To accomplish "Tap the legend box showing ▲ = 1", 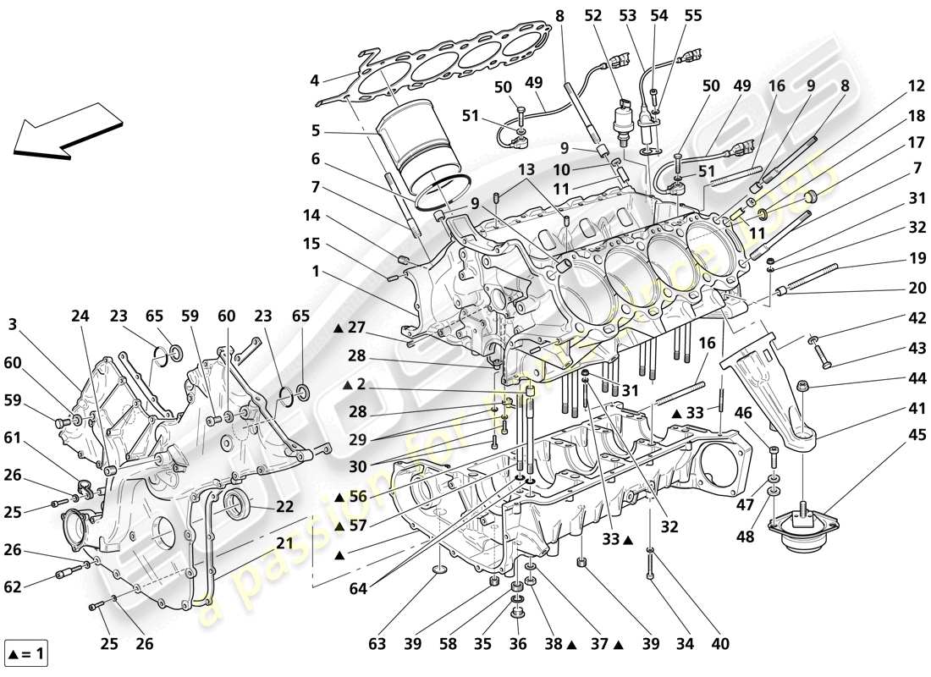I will point(28,652).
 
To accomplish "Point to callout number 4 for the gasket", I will point(314,82).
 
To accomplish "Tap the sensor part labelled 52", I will point(624,118).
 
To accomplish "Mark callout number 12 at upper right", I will point(917,85).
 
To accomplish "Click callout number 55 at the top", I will point(693,14).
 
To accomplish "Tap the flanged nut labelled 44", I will point(803,387).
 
